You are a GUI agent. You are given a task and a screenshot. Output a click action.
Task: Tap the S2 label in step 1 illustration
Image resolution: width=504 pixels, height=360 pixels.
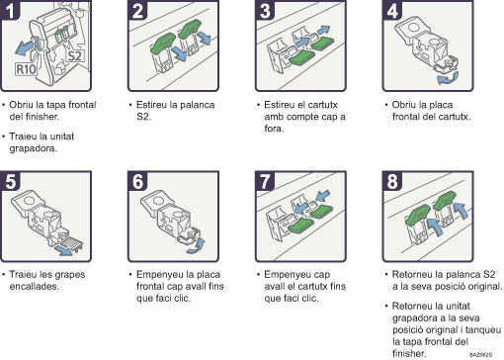click(74, 56)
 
